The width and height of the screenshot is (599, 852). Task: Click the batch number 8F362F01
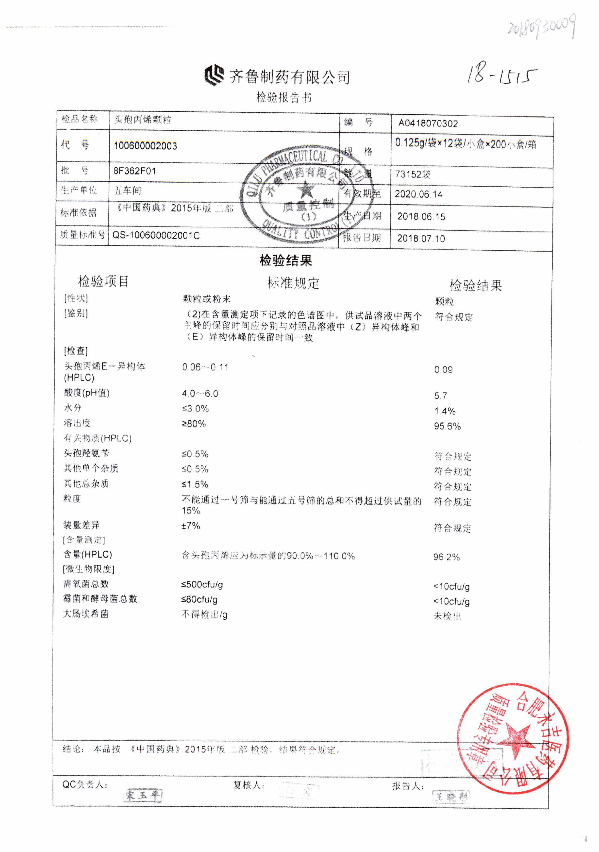click(135, 171)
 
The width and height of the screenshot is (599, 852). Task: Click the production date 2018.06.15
click(421, 216)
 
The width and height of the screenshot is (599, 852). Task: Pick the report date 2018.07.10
click(421, 238)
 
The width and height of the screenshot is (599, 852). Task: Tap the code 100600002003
click(145, 146)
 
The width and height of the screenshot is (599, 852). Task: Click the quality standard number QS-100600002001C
click(156, 236)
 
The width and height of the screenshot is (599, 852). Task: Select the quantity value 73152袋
click(413, 174)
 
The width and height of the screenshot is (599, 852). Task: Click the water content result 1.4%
click(445, 411)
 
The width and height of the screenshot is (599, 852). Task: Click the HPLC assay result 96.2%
click(447, 557)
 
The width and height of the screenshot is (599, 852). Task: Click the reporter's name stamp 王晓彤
click(451, 796)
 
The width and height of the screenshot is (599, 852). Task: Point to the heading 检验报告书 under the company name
click(284, 98)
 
